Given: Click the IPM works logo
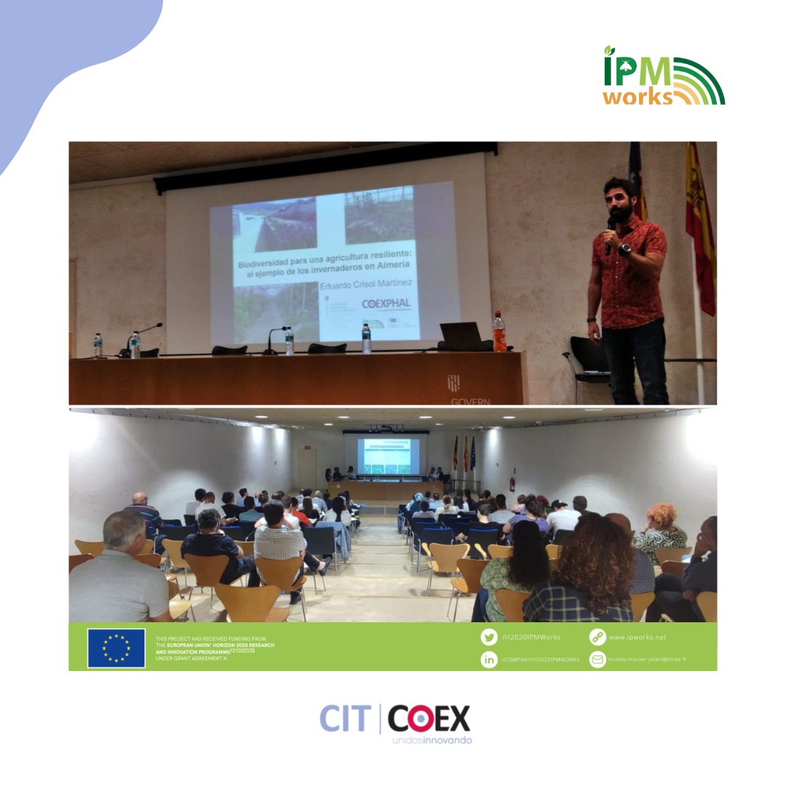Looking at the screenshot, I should pos(663,76).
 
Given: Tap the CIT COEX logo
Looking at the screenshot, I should pos(395,722).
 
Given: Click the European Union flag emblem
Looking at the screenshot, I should pos(116,648).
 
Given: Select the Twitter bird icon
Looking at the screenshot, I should pos(489,637).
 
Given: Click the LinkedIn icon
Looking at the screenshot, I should pos(489,659).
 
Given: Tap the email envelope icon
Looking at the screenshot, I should pos(598,659).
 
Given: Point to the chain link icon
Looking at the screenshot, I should pos(598,637).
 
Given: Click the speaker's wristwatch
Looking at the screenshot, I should pos(624,249).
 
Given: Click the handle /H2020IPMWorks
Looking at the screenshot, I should pos(531,637).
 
